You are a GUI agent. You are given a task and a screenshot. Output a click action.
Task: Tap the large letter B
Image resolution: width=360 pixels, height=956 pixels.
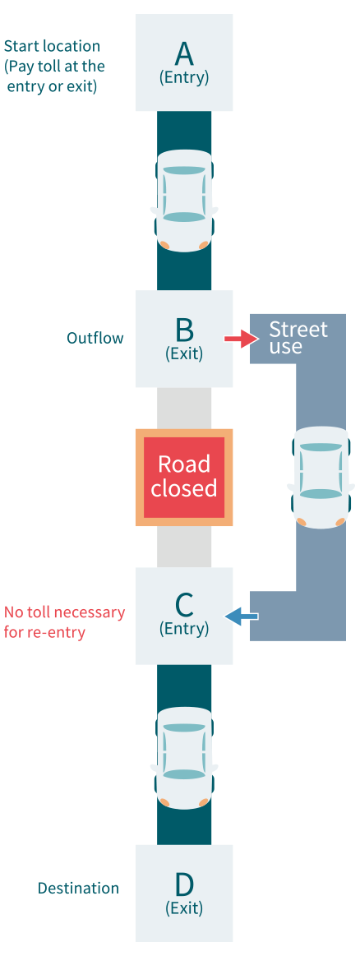point(184,329)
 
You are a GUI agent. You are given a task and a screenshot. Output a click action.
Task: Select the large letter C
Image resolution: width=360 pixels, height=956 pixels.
point(184,605)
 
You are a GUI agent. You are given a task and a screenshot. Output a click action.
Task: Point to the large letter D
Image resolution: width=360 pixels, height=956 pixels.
point(184,884)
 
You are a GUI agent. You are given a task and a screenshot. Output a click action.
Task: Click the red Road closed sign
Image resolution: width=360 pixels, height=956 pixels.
point(184,477)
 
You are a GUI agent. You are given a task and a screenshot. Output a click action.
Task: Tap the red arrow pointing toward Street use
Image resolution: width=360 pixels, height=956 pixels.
point(239,338)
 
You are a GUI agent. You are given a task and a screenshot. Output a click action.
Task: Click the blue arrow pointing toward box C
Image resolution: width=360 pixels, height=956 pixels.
point(242,617)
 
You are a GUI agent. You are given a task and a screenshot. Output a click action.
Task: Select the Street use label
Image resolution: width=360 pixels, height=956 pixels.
point(298,338)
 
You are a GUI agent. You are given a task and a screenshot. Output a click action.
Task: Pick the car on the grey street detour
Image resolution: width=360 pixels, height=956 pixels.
point(321,477)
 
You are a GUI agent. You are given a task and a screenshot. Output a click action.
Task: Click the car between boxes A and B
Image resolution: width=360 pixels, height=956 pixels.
point(184,200)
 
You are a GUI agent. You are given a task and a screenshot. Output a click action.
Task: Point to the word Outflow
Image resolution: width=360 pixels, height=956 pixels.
point(95,338)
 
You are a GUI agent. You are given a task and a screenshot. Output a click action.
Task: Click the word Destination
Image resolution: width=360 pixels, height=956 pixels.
point(78,888)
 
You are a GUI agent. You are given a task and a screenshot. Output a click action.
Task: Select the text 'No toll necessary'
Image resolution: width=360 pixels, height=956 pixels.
point(65,612)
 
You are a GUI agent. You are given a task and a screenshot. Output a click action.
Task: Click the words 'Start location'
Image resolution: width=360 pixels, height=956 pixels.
point(52,46)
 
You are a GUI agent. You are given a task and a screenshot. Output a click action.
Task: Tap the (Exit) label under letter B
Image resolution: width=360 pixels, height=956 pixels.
point(184,353)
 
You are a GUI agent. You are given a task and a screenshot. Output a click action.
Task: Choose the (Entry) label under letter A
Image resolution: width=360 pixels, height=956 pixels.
point(184,78)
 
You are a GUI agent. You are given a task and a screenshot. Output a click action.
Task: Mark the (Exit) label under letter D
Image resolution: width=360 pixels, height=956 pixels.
point(184,908)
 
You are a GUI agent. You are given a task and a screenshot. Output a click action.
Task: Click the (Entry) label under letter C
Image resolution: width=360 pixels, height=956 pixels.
point(184,629)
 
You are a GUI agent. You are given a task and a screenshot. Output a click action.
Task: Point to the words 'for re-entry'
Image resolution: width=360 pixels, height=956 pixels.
point(44,632)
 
